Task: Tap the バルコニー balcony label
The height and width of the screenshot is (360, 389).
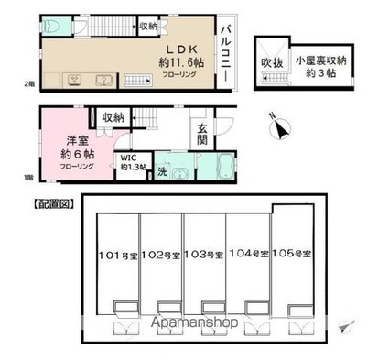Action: point(223,56)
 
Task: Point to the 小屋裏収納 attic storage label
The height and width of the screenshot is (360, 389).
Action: point(319,62)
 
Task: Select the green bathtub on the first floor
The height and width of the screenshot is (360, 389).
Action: point(216,169)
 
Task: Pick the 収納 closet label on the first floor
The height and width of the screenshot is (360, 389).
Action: point(113,117)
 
